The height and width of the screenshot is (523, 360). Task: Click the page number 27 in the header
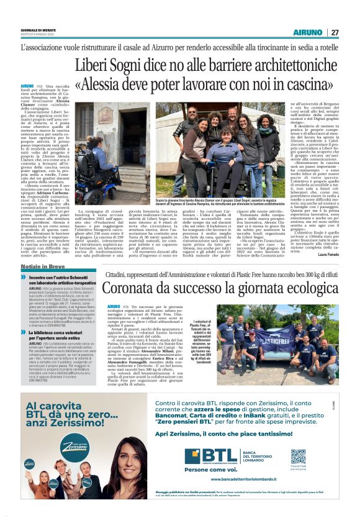coord(335,32)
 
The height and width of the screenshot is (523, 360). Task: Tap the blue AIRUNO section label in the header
coord(308,32)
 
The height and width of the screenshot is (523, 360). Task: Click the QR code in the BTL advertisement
coord(299,457)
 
